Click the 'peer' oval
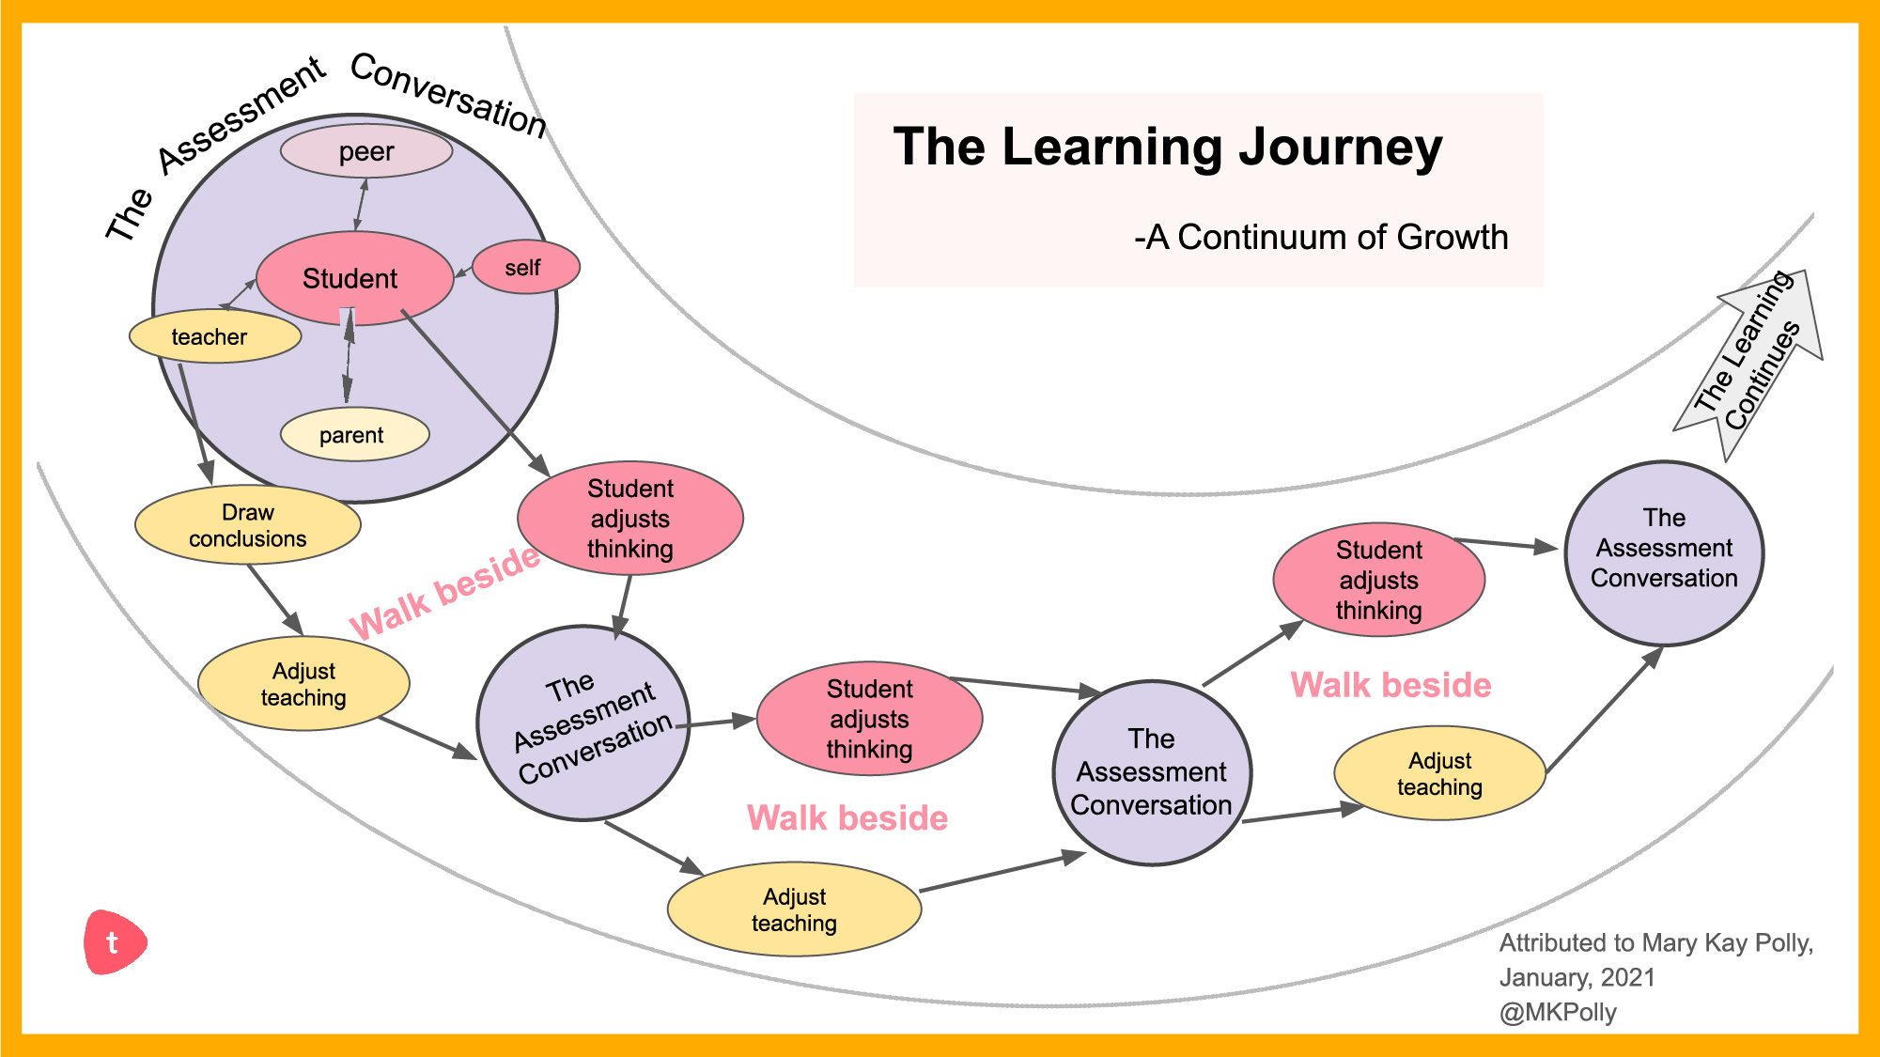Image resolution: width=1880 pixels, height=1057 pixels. tap(366, 151)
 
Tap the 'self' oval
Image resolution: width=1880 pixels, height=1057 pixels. tap(525, 268)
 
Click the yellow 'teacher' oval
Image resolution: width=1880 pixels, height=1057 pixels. tap(214, 336)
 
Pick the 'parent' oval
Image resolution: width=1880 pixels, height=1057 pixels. tap(354, 434)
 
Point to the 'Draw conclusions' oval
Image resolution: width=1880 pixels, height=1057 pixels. tap(248, 525)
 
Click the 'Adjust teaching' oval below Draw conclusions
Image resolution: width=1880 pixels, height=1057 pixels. tap(303, 684)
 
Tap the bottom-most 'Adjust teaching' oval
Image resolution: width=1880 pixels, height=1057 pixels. tap(794, 909)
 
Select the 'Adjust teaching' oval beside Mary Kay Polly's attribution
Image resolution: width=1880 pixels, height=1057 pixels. tap(1439, 773)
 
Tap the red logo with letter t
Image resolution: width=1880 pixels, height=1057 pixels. tap(114, 941)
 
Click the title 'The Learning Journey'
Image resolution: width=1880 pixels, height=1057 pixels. tap(1167, 148)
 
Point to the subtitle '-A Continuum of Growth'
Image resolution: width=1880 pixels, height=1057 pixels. tap(1320, 237)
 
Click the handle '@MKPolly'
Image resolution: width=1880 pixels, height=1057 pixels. tap(1558, 1013)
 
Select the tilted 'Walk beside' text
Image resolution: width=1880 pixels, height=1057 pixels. tap(444, 593)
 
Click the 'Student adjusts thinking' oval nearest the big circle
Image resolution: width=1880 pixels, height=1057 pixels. tap(630, 519)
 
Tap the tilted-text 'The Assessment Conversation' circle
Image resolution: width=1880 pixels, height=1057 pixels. tap(583, 723)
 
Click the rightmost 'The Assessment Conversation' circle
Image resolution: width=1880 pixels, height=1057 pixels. tap(1664, 553)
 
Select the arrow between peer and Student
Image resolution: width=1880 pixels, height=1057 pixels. tap(361, 204)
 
